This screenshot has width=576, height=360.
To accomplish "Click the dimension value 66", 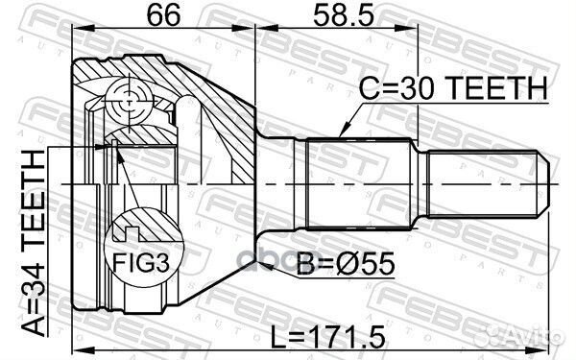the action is tap(163, 15).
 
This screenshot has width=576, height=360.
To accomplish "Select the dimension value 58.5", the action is tap(343, 15).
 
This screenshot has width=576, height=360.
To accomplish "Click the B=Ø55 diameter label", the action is tap(346, 263).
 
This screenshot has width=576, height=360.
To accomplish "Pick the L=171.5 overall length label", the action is tap(328, 337).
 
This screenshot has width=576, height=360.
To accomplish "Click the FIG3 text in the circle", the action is tap(141, 263).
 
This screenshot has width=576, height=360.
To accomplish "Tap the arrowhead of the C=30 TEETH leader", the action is tap(344, 132).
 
